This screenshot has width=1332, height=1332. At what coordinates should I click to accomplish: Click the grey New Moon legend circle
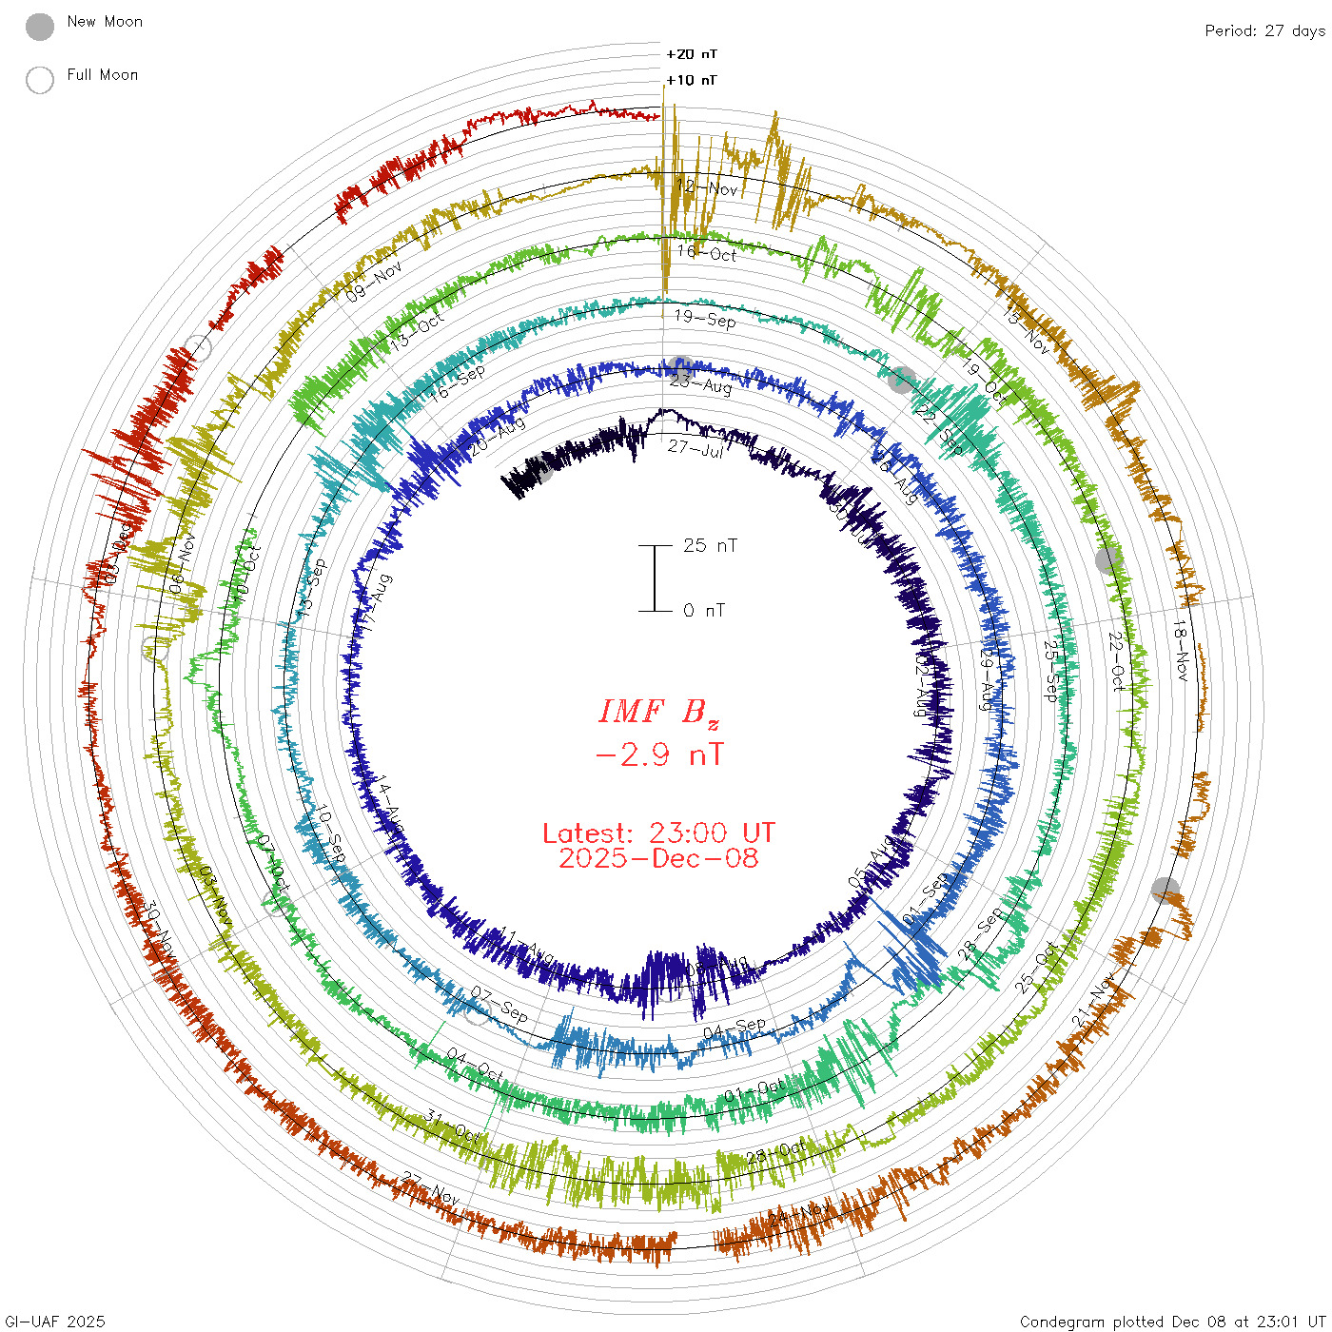coord(40,27)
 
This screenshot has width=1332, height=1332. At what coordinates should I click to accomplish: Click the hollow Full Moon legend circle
coord(40,80)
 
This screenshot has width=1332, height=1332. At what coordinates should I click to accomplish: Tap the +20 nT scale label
coord(692,54)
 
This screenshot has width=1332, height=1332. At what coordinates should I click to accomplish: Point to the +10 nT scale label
coord(692,80)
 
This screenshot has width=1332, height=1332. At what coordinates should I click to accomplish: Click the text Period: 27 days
coord(1264,30)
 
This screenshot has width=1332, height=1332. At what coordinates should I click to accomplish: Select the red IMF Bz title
coord(658,712)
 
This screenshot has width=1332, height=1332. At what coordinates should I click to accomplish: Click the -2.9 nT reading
coord(658,755)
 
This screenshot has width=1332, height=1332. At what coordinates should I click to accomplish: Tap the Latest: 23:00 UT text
coord(658,833)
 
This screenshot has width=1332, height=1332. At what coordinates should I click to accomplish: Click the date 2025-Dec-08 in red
coord(658,859)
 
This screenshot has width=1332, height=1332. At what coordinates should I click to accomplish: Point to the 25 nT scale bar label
coord(710,545)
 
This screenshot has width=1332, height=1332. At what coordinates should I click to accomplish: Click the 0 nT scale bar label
coord(704,610)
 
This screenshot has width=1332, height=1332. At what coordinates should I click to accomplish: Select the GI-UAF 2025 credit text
coord(55,1322)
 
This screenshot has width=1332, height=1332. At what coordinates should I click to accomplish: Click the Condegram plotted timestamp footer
coord(1172,1322)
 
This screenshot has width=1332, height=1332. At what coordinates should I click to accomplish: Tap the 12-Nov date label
coord(707,186)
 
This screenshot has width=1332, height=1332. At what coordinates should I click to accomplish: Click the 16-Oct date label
coord(707,253)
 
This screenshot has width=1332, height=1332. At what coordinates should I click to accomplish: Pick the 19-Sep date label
coord(705,319)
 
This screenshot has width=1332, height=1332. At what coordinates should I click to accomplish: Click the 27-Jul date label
coord(695,447)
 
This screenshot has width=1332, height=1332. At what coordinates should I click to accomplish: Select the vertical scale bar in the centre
coord(655,578)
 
